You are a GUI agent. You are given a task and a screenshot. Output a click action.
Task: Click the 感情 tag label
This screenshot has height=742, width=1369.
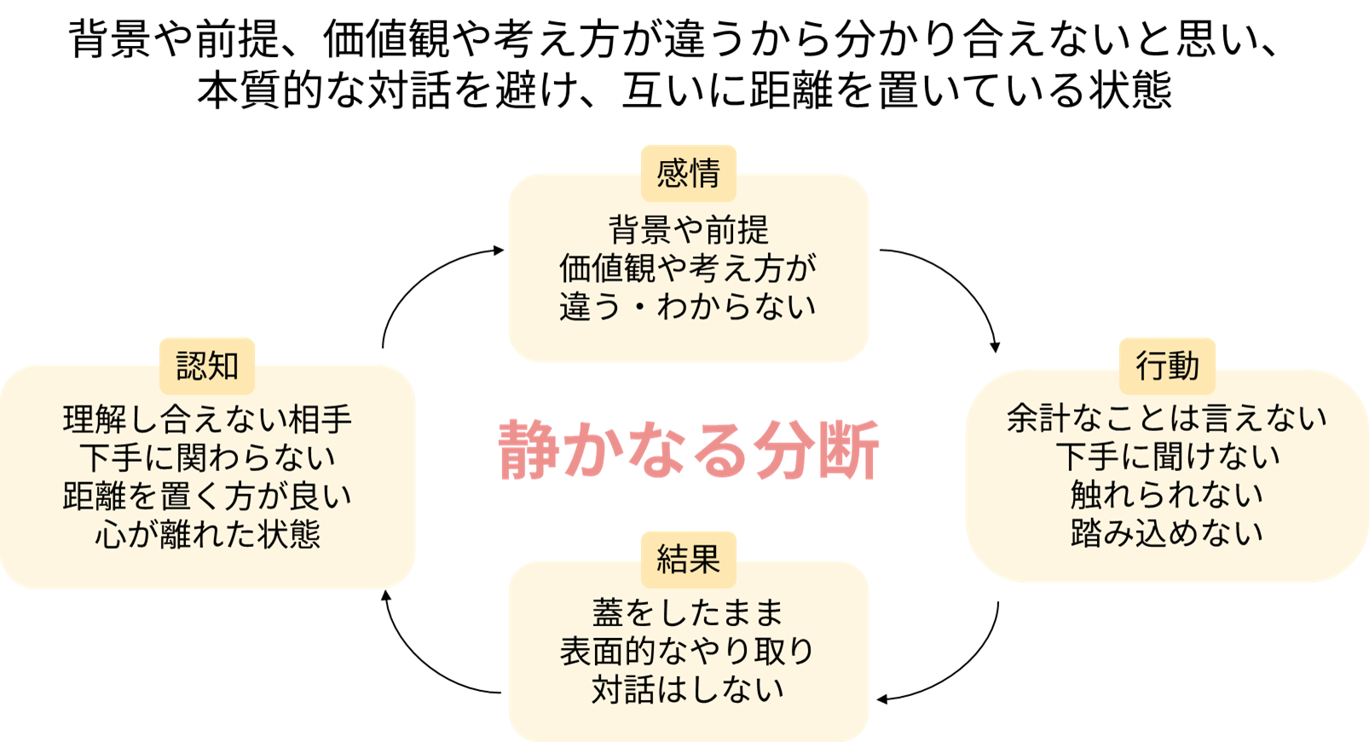688,174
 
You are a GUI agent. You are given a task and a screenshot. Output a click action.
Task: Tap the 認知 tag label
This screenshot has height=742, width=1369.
207,365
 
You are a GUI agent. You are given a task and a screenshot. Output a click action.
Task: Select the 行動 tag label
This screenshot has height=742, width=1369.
1167,365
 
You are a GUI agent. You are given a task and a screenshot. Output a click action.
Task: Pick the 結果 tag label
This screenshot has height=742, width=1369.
688,559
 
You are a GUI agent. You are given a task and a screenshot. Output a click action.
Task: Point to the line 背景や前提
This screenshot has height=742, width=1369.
688,230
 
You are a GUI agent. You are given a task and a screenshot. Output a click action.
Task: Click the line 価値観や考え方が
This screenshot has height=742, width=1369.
688,268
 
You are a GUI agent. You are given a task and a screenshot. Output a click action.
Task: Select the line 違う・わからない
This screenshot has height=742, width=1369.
688,307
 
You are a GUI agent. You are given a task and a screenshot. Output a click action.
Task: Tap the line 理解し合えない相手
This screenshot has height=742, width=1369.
207,419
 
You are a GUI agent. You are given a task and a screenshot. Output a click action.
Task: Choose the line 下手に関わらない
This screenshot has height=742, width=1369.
207,457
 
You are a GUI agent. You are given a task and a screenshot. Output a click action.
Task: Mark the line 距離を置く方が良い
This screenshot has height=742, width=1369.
207,496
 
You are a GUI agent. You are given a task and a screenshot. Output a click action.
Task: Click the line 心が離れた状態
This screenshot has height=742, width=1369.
207,534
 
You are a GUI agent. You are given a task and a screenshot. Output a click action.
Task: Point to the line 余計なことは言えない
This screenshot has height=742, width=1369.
1167,418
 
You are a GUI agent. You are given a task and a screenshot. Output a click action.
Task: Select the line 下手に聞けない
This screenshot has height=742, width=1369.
1167,457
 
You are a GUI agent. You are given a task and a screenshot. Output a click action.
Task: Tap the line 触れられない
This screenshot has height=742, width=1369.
1167,495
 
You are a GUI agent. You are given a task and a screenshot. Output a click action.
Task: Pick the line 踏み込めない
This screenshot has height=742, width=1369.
1167,533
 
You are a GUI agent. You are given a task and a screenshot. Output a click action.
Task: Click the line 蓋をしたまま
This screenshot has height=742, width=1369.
688,613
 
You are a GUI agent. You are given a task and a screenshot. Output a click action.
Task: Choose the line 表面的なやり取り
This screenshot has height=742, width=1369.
688,651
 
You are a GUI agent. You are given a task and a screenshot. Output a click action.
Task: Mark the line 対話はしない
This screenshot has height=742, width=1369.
688,689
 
